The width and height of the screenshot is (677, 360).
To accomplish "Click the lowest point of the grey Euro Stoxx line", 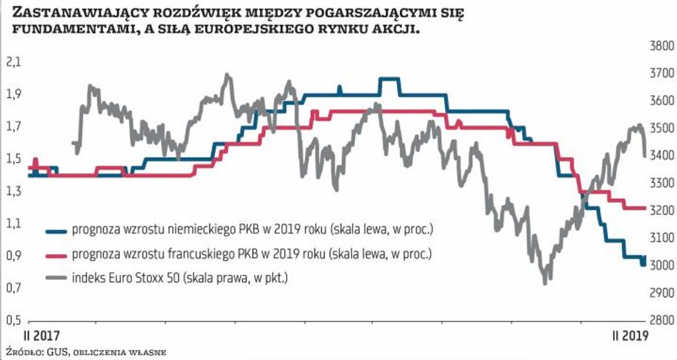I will (546, 282).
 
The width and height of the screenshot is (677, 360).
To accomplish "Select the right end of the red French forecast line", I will (645, 208).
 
